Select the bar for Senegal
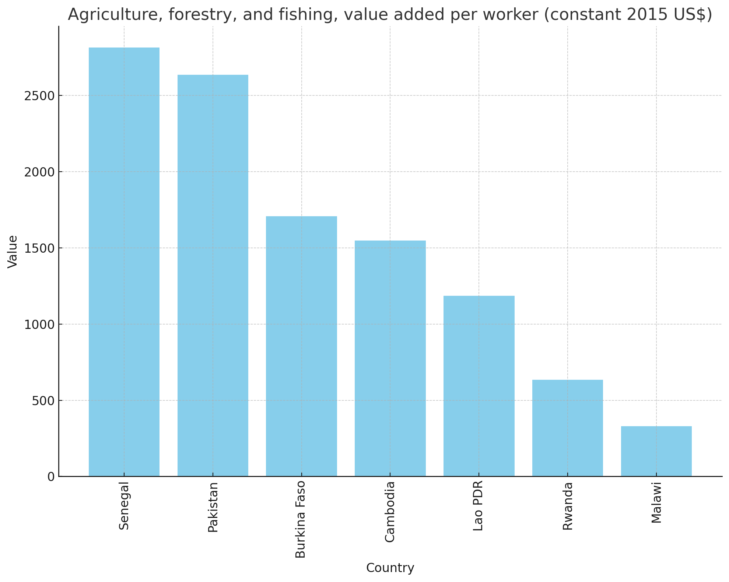[124, 262]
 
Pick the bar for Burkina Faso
[301, 346]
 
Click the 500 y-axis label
[43, 401]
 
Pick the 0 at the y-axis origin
[51, 477]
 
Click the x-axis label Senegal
[124, 506]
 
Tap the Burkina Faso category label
[301, 520]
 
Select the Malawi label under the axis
[656, 502]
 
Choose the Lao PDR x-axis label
[478, 506]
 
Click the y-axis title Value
[13, 252]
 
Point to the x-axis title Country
[390, 568]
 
